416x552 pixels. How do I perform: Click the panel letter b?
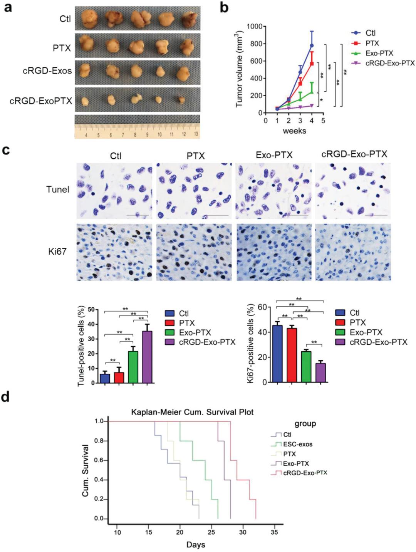(x=224, y=8)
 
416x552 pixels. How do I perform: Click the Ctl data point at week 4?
(x=312, y=45)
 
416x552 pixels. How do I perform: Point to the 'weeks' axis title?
(x=294, y=131)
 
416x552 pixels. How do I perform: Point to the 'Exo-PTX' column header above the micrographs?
(x=274, y=155)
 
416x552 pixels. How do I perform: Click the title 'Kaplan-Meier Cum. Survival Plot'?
(x=192, y=412)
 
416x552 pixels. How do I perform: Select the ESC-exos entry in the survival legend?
(x=297, y=444)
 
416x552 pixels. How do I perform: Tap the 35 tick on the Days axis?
(x=274, y=532)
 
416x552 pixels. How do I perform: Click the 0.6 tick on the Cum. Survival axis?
(x=99, y=460)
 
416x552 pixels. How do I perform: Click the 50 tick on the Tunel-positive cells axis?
(x=91, y=309)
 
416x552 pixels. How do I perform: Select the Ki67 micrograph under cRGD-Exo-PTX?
(x=352, y=252)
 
